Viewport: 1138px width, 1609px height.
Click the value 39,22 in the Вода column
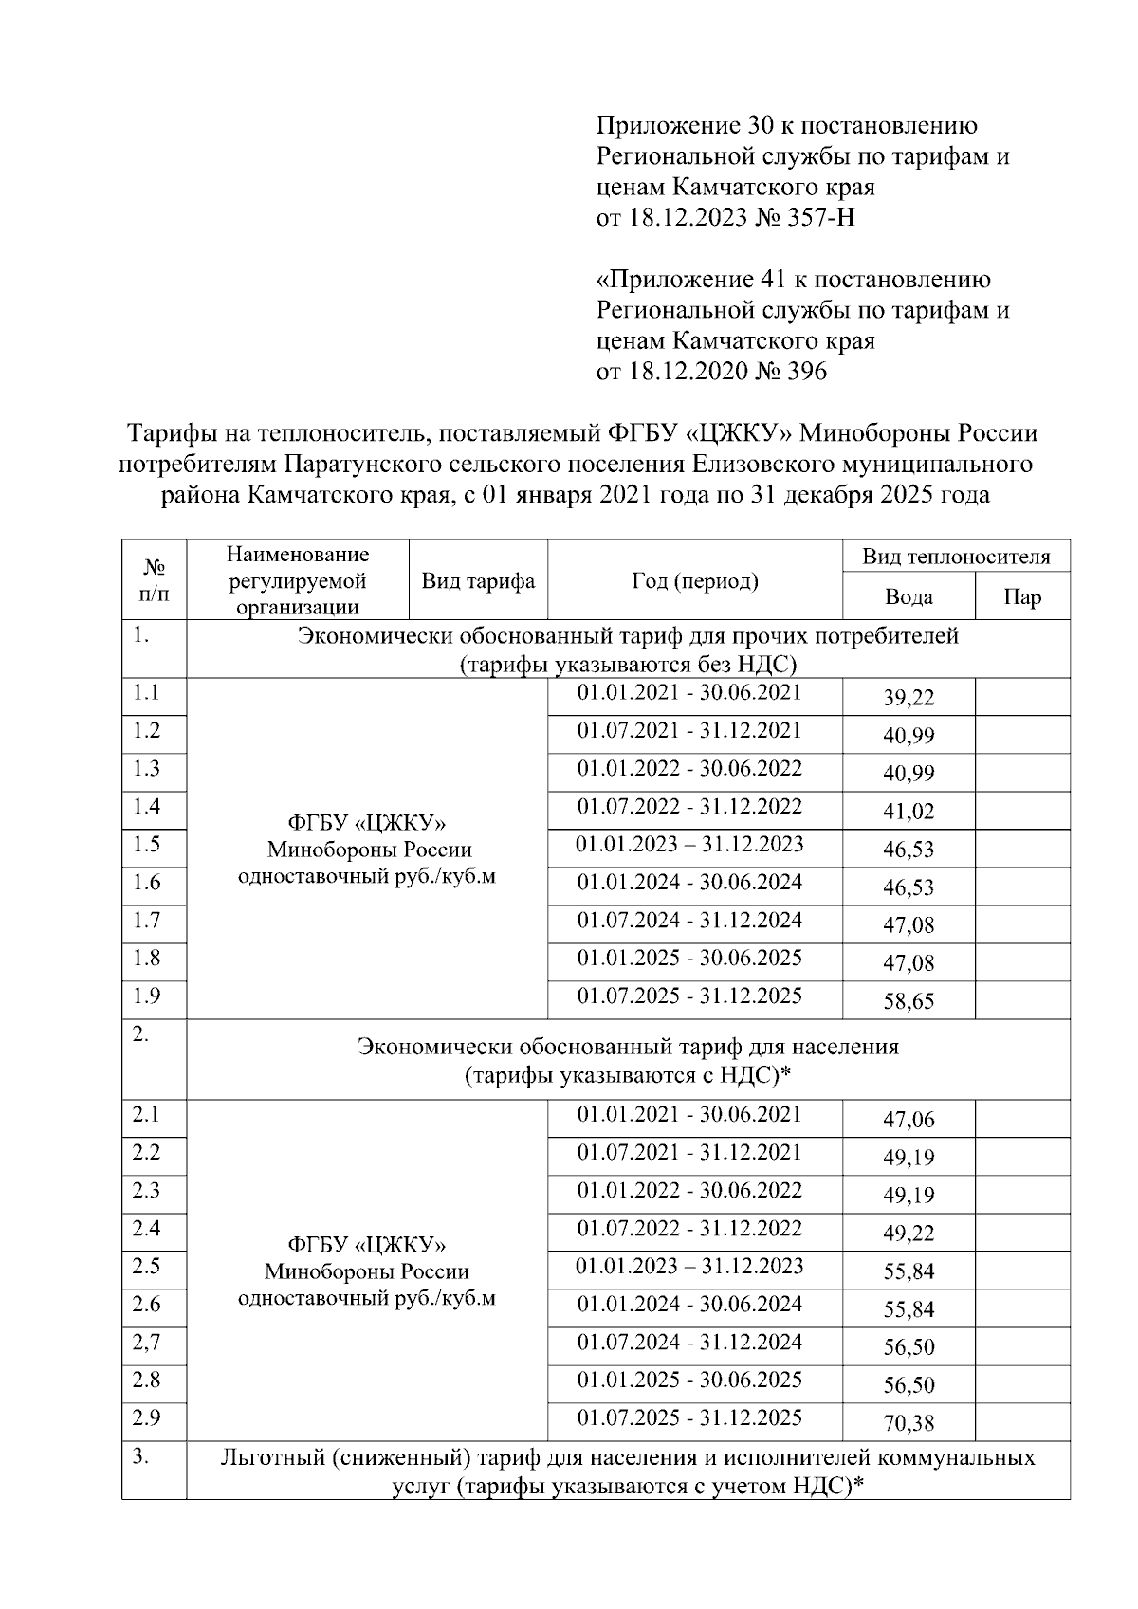click(909, 699)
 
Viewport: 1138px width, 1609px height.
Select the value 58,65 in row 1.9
click(909, 1002)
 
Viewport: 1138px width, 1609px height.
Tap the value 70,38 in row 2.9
click(909, 1423)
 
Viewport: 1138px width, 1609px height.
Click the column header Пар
click(1021, 597)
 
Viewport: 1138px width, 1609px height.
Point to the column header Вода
click(908, 597)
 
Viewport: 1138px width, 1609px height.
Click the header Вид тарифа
click(478, 581)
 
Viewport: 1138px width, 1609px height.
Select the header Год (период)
click(694, 581)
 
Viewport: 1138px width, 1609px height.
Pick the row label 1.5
click(147, 845)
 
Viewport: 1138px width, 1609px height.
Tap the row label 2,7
click(147, 1342)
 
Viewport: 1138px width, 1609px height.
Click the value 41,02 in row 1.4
click(909, 812)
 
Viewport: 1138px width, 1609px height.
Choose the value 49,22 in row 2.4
click(909, 1234)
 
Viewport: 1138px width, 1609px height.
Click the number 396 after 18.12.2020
click(806, 371)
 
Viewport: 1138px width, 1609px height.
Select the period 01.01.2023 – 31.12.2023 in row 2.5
click(689, 1267)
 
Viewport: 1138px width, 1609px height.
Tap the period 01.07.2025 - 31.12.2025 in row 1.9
click(689, 996)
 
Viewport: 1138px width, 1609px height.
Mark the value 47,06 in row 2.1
click(909, 1121)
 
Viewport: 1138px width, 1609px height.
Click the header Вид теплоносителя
click(955, 557)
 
